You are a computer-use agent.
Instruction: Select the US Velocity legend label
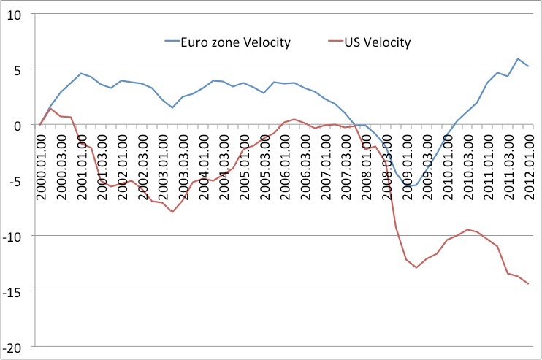(377, 42)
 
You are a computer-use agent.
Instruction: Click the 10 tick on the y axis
(15, 15)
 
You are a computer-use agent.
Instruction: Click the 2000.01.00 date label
(41, 157)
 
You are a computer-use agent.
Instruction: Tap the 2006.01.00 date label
(284, 157)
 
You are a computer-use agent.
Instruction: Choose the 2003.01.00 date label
(162, 157)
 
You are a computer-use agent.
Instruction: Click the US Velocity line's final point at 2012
(527, 283)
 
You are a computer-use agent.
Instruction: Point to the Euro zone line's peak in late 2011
(518, 58)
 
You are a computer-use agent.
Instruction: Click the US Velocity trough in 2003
(172, 212)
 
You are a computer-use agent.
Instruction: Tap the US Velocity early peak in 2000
(50, 108)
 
